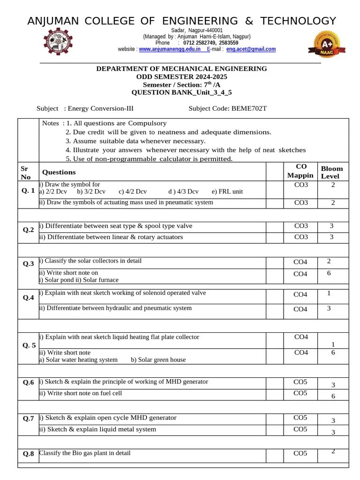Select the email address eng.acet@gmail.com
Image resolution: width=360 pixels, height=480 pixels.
[x=251, y=49]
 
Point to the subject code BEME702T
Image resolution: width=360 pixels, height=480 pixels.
[x=249, y=109]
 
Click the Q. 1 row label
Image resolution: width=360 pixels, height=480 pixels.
[x=28, y=191]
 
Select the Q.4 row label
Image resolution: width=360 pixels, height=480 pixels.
[x=28, y=298]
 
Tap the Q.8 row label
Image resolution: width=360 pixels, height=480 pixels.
[x=28, y=454]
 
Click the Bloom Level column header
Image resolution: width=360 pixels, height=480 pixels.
[x=331, y=172]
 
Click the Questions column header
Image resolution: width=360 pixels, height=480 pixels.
[x=59, y=172]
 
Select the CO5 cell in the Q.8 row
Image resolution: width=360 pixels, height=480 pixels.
[x=300, y=453]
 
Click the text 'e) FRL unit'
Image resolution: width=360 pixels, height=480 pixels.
[x=227, y=192]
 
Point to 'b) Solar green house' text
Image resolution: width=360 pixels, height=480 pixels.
[x=158, y=360]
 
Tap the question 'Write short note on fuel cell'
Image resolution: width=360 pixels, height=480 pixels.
[x=80, y=393]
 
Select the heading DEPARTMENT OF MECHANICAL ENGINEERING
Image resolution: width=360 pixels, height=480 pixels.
[x=181, y=68]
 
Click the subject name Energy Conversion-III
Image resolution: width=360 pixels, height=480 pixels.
[x=101, y=109]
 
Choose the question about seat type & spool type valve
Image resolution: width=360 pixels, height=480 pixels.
[x=115, y=226]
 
